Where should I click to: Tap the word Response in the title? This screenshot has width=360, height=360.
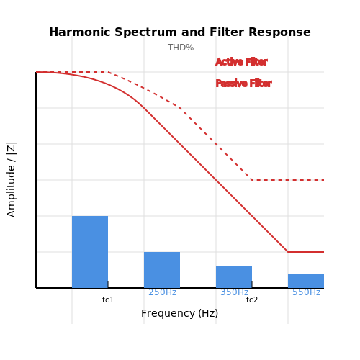[279, 32]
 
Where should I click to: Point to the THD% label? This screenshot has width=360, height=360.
[181, 48]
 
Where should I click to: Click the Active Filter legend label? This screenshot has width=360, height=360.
[241, 62]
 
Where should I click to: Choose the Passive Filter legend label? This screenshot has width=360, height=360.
[243, 84]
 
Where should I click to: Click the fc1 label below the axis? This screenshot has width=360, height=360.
[108, 300]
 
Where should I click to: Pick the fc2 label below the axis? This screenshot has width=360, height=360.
[252, 300]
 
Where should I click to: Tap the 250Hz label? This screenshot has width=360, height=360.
[163, 292]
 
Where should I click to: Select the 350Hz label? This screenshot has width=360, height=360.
[235, 292]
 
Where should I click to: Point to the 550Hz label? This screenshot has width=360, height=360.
[307, 292]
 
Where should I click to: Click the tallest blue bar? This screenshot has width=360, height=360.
[90, 252]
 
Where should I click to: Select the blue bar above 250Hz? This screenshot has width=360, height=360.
[162, 270]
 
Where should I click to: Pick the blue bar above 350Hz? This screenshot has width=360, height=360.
[234, 277]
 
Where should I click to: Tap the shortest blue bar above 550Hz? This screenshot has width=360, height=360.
[306, 281]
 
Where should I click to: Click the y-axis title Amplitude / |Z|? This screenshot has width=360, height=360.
[12, 180]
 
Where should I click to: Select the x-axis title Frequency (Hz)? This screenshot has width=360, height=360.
[180, 313]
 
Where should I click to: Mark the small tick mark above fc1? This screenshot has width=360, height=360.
[108, 284]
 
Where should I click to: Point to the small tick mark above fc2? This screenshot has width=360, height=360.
[252, 284]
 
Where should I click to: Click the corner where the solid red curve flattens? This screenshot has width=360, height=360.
[288, 252]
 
